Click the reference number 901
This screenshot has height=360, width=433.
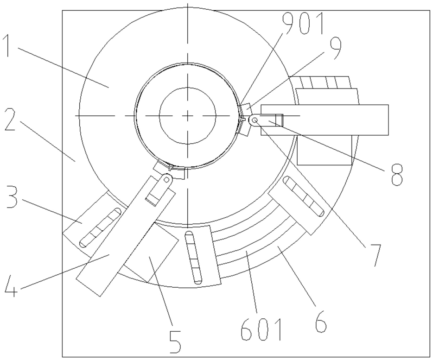click(x=303, y=24)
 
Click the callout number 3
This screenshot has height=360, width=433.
click(x=11, y=197)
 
